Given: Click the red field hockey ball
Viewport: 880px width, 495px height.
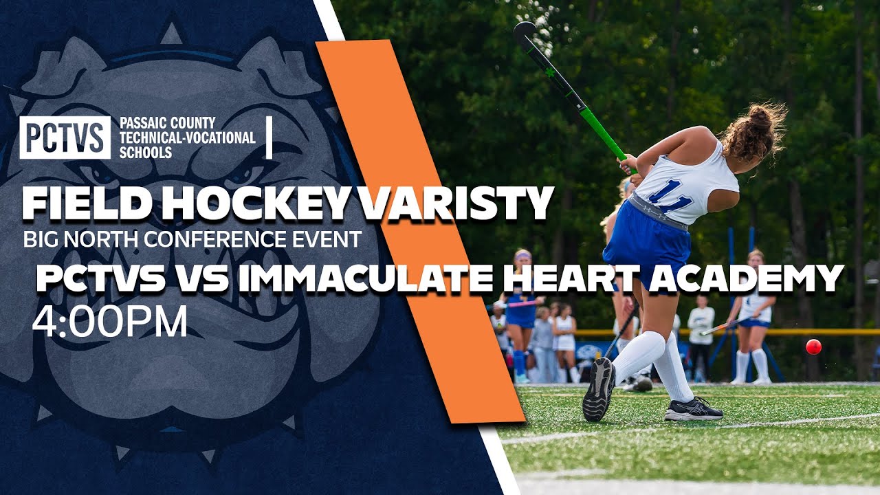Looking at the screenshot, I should pyautogui.click(x=813, y=346).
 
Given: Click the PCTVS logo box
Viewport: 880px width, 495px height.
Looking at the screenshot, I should pyautogui.click(x=65, y=137).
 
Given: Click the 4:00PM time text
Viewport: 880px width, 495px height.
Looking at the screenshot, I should pyautogui.click(x=110, y=321).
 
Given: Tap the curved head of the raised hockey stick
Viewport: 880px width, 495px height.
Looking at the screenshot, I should pyautogui.click(x=524, y=32).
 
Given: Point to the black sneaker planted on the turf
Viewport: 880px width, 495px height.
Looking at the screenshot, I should pyautogui.click(x=694, y=410).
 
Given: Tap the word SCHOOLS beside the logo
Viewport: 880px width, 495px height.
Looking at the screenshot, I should pyautogui.click(x=146, y=152).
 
